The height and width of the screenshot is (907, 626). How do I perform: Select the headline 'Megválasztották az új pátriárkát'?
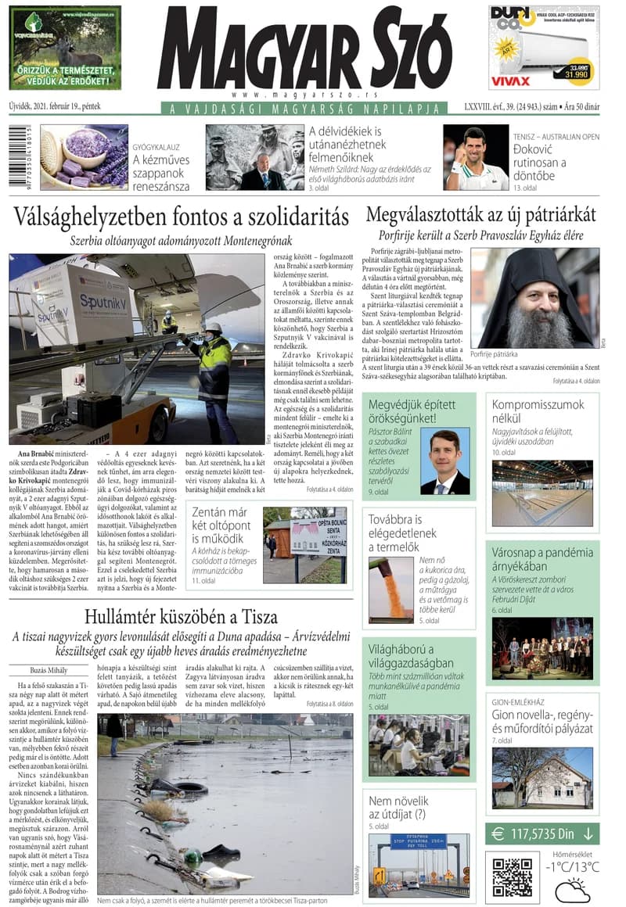point(480,215)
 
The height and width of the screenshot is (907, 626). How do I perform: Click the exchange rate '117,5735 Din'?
point(542,834)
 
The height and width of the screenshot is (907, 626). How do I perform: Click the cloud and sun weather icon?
point(572,890)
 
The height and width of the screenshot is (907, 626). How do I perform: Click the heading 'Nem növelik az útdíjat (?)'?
point(398,808)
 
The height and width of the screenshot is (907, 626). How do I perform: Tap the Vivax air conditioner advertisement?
point(544,47)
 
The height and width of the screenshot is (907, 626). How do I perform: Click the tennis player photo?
point(476,158)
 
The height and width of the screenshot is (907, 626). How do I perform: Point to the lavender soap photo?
point(85,158)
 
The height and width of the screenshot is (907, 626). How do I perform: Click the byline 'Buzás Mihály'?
point(38,671)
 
